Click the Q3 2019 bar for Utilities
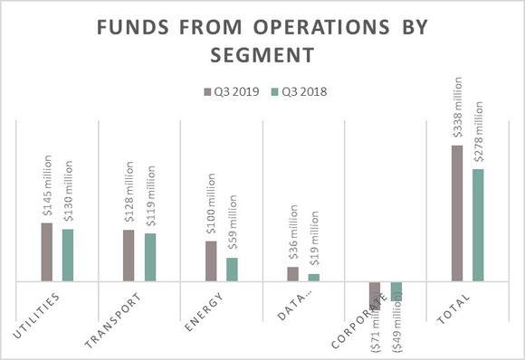[x=46, y=252]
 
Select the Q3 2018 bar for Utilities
[x=68, y=256]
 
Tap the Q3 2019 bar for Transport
[x=128, y=256]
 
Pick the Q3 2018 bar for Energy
[x=232, y=270]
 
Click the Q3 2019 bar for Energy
[x=210, y=261]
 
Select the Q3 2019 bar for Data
[x=292, y=274]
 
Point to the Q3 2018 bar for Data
[x=313, y=278]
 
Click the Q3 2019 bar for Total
[x=456, y=213]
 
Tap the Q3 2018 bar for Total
[x=478, y=225]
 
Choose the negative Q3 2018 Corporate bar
[x=396, y=290]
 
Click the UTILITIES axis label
[x=38, y=317]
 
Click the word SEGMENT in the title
[x=262, y=55]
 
